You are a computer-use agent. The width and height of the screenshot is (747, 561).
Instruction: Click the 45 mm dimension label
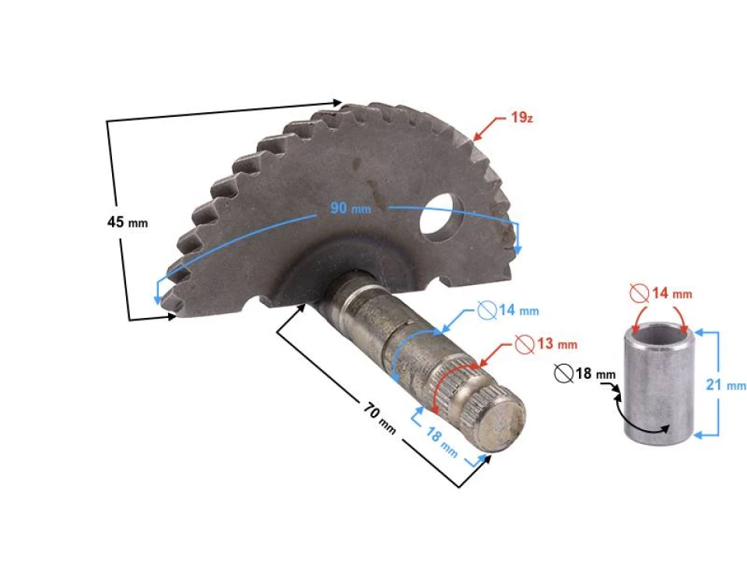click(x=127, y=222)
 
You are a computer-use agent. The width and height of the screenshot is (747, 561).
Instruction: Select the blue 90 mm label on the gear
click(x=351, y=208)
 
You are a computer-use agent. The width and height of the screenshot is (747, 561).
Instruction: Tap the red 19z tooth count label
click(x=521, y=119)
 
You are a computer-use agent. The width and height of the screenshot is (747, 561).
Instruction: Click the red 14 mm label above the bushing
click(x=671, y=294)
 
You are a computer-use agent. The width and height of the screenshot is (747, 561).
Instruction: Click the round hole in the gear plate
click(x=442, y=219)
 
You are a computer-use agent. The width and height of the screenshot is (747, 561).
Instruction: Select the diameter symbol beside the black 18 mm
click(x=563, y=374)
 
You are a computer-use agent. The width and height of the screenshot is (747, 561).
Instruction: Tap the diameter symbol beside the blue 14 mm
click(x=487, y=311)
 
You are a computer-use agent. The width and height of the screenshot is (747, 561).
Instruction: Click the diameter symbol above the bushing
click(x=640, y=294)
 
